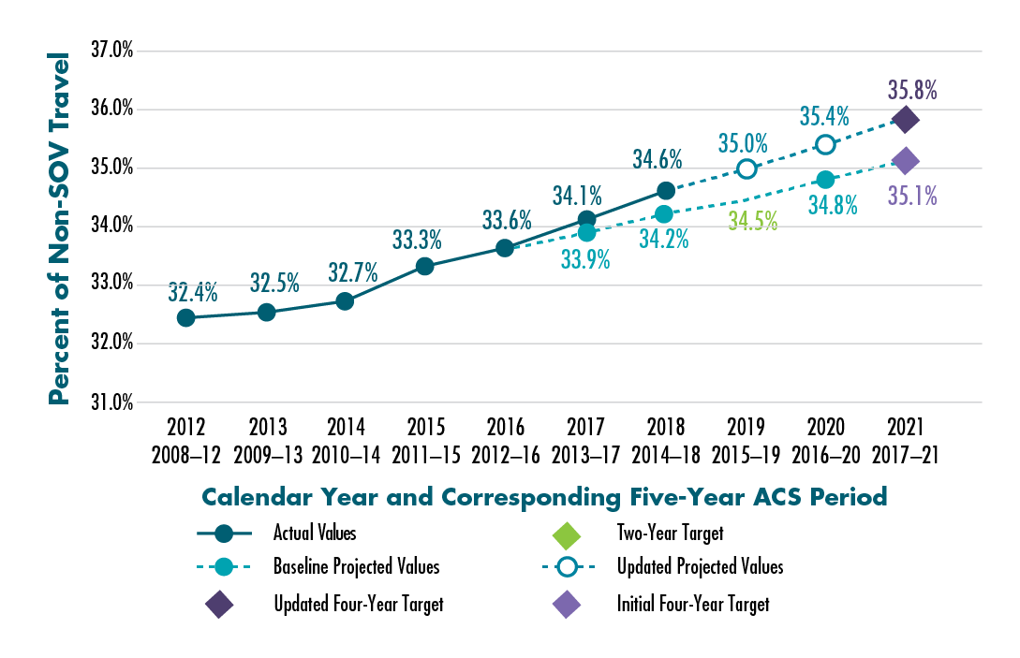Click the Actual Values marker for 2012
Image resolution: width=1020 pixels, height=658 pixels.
185,318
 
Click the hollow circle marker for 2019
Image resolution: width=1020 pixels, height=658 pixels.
747,168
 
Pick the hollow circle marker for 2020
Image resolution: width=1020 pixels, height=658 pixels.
825,144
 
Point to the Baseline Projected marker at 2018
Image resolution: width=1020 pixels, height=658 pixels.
664,214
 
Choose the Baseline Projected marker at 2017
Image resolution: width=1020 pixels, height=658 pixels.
586,232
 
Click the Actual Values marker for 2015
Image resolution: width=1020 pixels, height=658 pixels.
424,266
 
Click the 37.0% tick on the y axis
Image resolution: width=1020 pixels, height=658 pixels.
111,51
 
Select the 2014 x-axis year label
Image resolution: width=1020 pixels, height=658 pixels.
345,428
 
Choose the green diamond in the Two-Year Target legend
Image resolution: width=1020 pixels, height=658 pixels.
567,534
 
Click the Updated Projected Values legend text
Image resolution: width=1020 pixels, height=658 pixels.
700,567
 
